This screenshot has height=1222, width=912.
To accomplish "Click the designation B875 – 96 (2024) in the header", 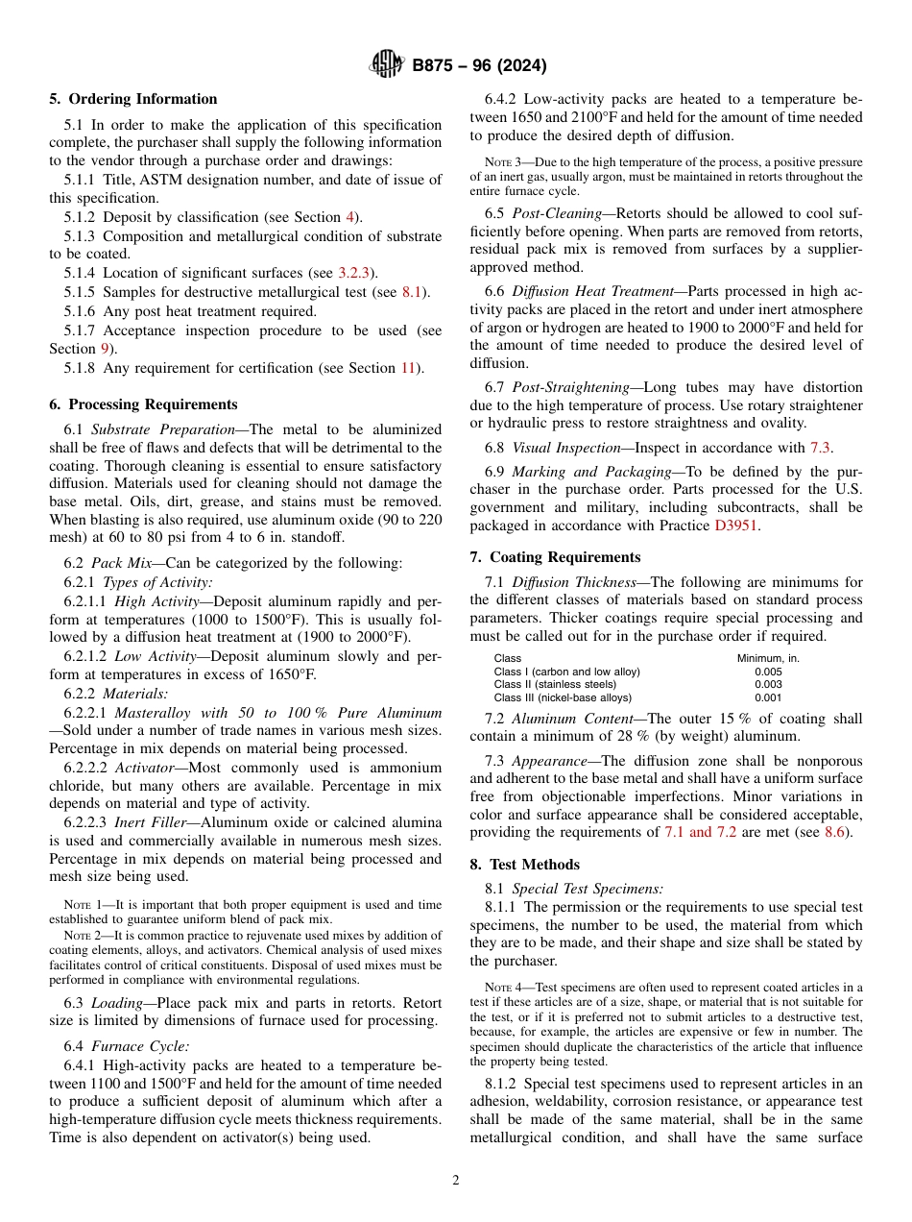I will pos(479,65).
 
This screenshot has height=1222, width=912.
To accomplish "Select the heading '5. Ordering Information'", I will pos(133,99).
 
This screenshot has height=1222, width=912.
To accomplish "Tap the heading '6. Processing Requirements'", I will pos(143,404).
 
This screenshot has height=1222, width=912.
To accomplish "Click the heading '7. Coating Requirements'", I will pos(555,557).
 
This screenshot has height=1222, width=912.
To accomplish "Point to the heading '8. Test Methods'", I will pos(524,865).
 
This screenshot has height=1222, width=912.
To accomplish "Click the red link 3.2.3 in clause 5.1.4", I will pos(355,274).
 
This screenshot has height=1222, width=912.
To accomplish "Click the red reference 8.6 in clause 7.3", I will pos(835,832).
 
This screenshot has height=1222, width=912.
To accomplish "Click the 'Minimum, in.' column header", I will pos(768,658).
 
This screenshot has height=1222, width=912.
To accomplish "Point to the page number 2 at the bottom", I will pos(456,1181).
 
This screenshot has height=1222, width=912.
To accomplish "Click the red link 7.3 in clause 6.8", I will pos(821,448).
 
